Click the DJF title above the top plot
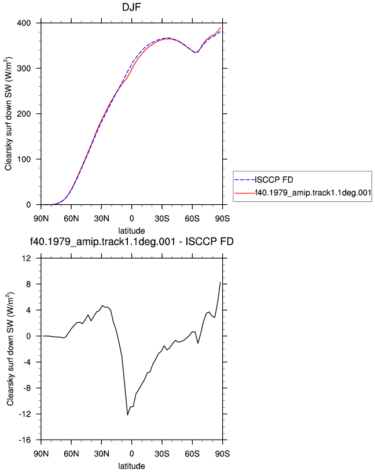coord(131,7)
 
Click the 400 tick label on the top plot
coord(24,23)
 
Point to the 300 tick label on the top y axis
coord(24,69)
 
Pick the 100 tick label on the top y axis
coord(24,160)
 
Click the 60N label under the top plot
coord(71,219)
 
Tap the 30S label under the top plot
coord(162,219)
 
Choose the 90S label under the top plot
coord(222,219)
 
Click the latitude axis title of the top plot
coord(131,231)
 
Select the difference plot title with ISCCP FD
coord(131,241)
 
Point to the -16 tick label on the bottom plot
coord(25,440)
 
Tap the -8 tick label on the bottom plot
coord(27,388)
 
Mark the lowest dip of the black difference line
coord(127,415)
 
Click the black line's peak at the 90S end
coord(220,282)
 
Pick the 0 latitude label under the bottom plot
coord(131,454)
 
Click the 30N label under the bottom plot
coord(101,454)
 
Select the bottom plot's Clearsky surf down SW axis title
coord(10,349)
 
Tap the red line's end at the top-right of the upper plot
coord(220,28)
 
